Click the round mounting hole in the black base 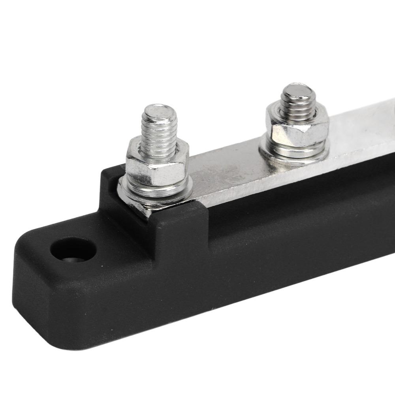(73, 250)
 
